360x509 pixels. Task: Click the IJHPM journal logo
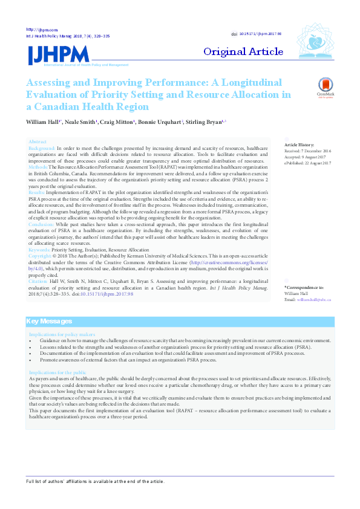click(x=58, y=55)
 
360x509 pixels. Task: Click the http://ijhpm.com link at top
click(x=42, y=30)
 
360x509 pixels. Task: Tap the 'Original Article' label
click(x=243, y=51)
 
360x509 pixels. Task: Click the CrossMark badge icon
click(x=326, y=88)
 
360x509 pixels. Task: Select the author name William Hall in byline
click(x=44, y=122)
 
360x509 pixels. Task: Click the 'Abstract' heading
click(x=38, y=141)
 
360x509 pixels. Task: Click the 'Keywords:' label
click(x=39, y=249)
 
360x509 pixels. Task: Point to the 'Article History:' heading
click(x=299, y=145)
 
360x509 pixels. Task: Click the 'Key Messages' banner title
click(x=50, y=322)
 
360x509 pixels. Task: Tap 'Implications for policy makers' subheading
click(x=62, y=334)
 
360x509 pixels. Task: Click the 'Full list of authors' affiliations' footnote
click(x=94, y=481)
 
